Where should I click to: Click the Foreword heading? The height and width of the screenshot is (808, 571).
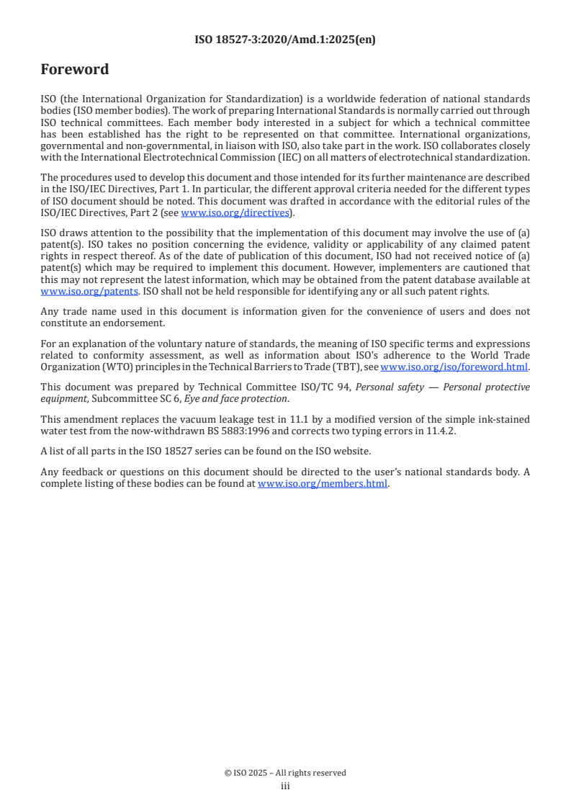pyautogui.click(x=75, y=70)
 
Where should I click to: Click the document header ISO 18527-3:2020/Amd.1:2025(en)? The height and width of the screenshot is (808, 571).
pyautogui.click(x=285, y=40)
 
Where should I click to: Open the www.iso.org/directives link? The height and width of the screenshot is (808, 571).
pyautogui.click(x=234, y=212)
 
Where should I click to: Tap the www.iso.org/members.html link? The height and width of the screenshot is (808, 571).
pyautogui.click(x=323, y=484)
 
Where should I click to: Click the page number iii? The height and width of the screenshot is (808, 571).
pyautogui.click(x=285, y=786)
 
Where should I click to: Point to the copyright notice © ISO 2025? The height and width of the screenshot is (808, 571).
pyautogui.click(x=285, y=773)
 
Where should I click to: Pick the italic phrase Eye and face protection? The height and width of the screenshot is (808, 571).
pyautogui.click(x=247, y=398)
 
